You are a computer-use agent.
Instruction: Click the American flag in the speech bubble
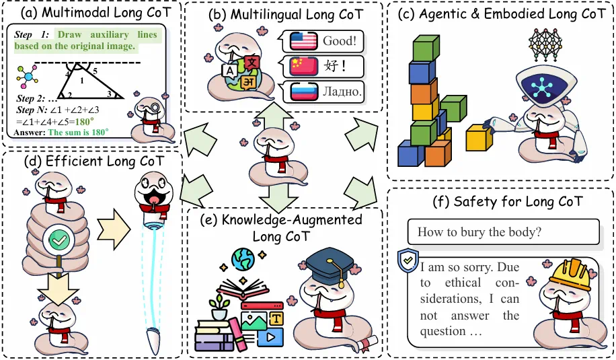[303, 42]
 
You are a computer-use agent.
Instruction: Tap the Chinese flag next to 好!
[303, 66]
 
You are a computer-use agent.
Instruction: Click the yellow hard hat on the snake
[570, 275]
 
